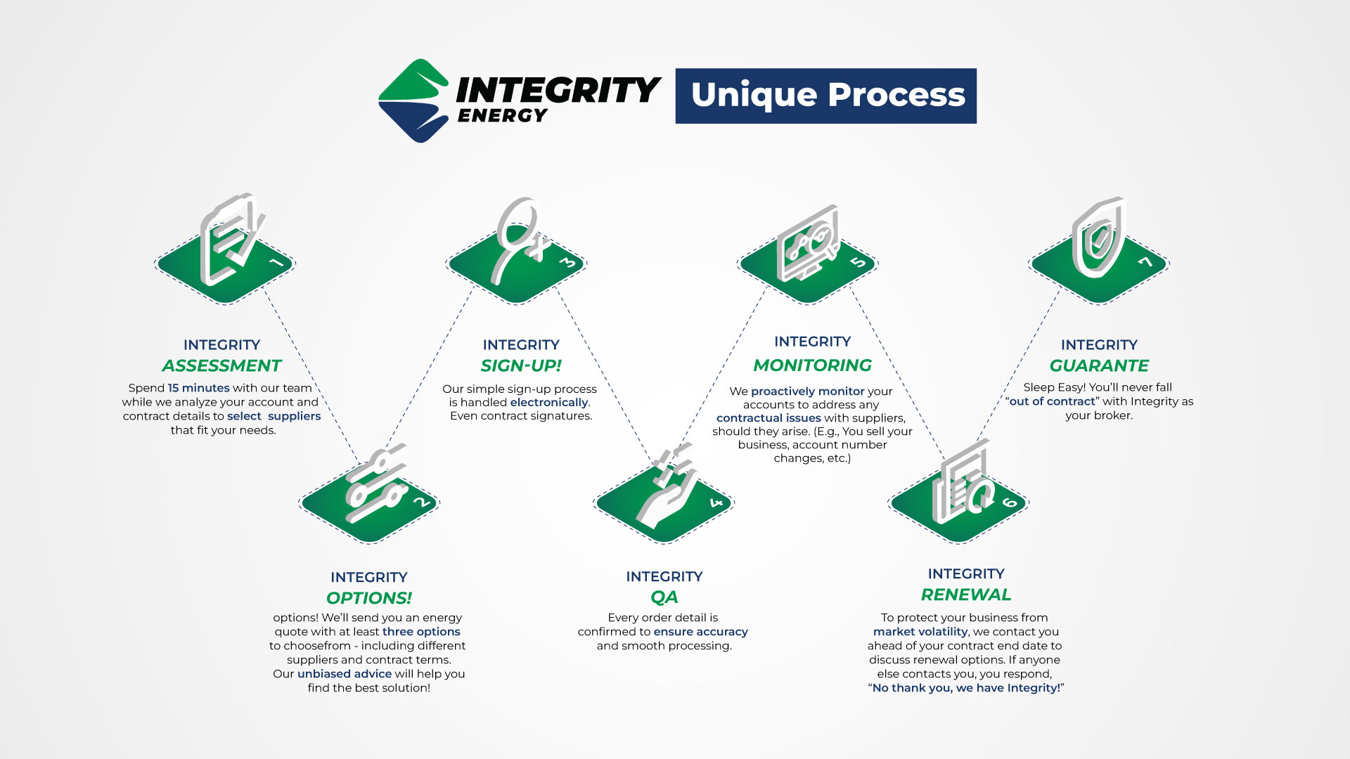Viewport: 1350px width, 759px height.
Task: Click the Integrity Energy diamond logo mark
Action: click(x=413, y=100)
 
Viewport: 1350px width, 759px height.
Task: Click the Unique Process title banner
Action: click(x=825, y=96)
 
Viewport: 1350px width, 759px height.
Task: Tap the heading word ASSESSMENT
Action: click(x=221, y=365)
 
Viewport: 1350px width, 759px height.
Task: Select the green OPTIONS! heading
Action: click(x=369, y=598)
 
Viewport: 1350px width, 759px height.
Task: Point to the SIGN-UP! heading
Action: click(x=521, y=365)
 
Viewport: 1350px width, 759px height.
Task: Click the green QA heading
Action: click(x=664, y=597)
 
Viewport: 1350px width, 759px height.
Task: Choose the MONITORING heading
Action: click(x=812, y=365)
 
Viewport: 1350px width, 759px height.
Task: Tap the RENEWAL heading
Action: click(x=966, y=595)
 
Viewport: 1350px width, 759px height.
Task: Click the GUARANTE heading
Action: click(x=1099, y=365)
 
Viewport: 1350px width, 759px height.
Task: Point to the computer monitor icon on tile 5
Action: click(x=807, y=243)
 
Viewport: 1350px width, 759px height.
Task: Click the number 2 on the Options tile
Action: click(x=421, y=502)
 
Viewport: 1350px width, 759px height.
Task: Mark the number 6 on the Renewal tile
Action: click(x=1010, y=502)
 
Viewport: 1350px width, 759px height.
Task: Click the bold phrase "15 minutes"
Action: click(x=198, y=388)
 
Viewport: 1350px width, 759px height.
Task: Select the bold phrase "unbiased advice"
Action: click(x=344, y=674)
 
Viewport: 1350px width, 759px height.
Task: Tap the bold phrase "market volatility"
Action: click(x=920, y=632)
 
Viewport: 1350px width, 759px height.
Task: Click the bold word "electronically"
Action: click(x=549, y=403)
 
